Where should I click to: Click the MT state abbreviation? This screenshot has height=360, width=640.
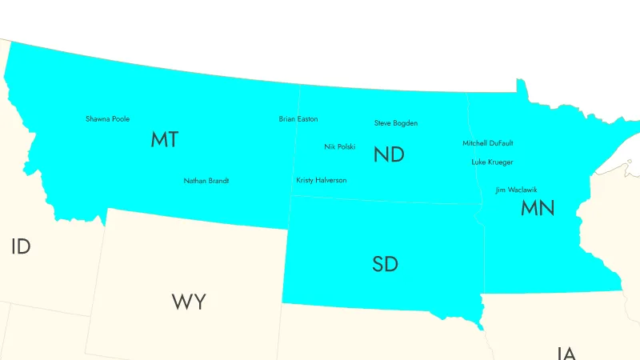[x=164, y=140]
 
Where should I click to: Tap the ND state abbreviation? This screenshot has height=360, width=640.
[x=389, y=155]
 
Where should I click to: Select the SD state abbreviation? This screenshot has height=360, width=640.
[x=385, y=264]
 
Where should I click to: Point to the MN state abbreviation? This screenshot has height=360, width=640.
[x=538, y=209]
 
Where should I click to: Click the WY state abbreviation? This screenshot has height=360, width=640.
[x=189, y=302]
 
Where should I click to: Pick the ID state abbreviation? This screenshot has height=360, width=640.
[x=21, y=246]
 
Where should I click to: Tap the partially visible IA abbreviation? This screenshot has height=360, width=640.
[x=566, y=353]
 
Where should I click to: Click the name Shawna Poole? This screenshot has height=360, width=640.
[x=107, y=119]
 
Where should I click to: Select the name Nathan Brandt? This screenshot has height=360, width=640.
[x=206, y=181]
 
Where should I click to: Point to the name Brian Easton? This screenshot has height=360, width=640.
[x=298, y=119]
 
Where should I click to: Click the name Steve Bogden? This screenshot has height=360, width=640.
[x=396, y=123]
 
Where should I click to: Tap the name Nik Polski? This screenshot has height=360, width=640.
[x=340, y=147]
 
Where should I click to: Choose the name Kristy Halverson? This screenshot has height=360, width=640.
[x=322, y=181]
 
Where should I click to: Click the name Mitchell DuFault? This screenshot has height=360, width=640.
[x=488, y=143]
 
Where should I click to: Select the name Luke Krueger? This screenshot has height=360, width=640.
[x=492, y=162]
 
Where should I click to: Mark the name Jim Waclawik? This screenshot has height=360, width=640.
[x=517, y=190]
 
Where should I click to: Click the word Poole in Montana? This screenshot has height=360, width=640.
[x=120, y=119]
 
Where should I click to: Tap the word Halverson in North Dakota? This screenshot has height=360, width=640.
[x=331, y=181]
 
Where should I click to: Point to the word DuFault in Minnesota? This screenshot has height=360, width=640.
[x=501, y=143]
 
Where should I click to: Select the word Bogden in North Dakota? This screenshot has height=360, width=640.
[x=406, y=123]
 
